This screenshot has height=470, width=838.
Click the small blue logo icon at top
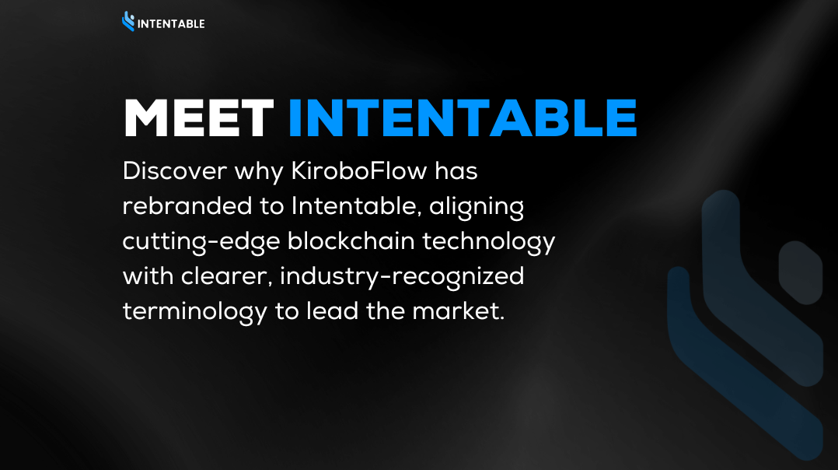point(128,21)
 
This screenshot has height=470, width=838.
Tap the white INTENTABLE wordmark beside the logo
point(171,24)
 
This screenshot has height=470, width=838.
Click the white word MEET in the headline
point(199,118)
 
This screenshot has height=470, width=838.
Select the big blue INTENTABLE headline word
point(463,118)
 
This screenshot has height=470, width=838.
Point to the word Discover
point(175,171)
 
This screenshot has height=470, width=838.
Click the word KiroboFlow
point(359,171)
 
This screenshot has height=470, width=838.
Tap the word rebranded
point(187,206)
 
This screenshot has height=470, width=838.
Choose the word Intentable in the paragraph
point(354,206)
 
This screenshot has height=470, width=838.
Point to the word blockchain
point(351,240)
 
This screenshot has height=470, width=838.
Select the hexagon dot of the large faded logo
point(800,272)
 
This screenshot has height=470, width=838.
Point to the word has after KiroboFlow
point(456,171)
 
